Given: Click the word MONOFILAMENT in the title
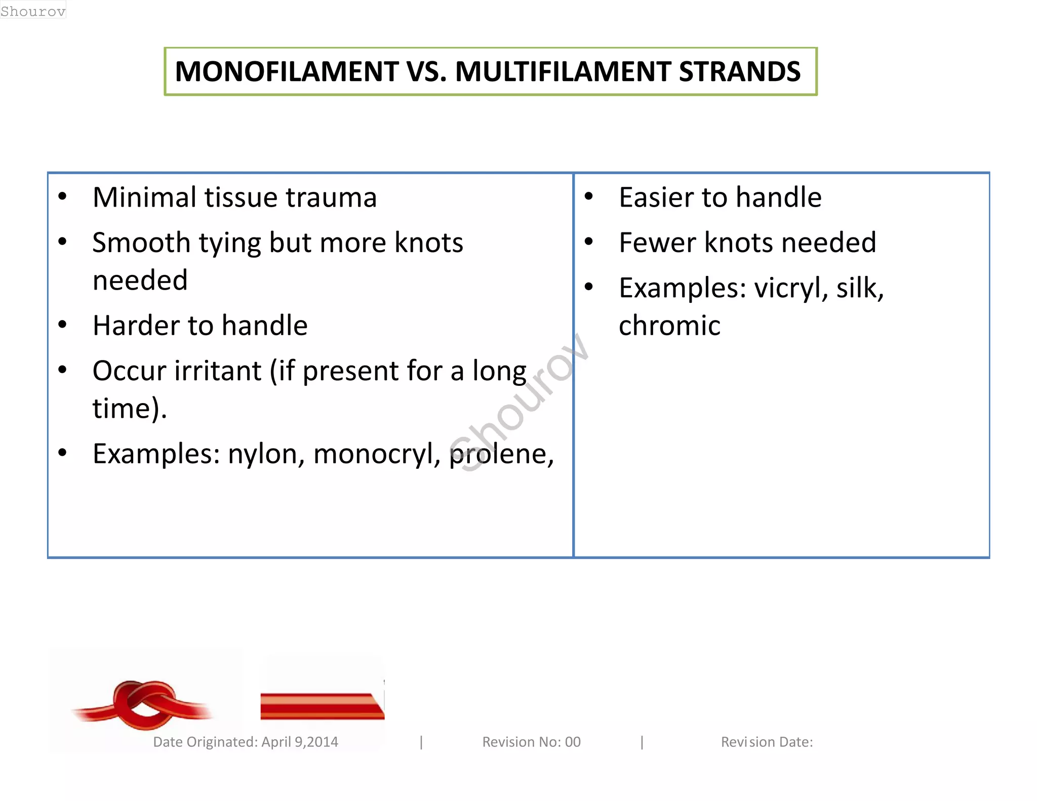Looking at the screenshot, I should [x=287, y=71].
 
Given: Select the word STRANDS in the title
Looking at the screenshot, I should [x=740, y=71].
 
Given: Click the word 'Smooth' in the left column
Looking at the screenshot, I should [x=141, y=243].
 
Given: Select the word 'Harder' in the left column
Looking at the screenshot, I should [x=135, y=326].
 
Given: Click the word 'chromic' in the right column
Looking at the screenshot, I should [x=669, y=326].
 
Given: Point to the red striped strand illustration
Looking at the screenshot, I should [x=322, y=706].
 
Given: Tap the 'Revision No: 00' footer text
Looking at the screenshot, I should [x=531, y=742].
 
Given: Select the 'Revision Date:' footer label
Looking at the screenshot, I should [x=767, y=742].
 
